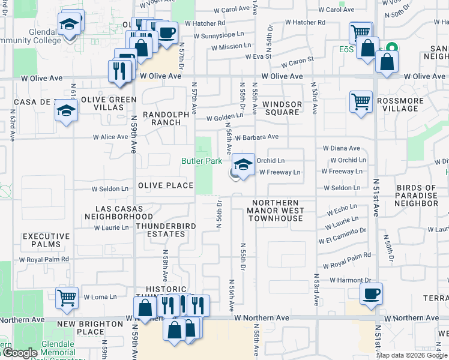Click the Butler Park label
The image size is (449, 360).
[202, 161]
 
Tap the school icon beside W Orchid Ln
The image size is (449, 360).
[243, 165]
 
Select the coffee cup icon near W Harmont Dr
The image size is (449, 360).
[370, 294]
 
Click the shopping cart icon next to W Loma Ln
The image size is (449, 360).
[67, 298]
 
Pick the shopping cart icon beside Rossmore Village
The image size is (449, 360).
[361, 101]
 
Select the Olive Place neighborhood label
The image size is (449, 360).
[166, 186]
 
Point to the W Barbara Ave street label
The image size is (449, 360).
[257, 137]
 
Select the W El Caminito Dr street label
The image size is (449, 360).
[346, 234]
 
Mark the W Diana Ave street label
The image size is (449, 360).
[342, 148]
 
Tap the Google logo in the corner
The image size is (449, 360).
[19, 353]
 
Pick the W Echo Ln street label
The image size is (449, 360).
[342, 211]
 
